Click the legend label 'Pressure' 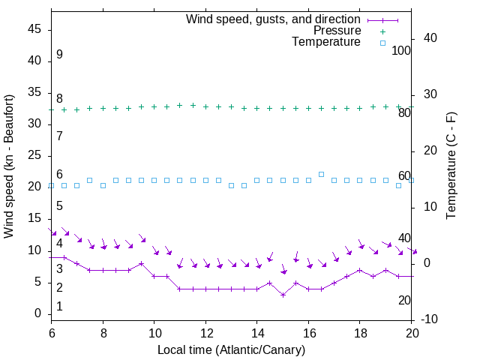tap(337, 31)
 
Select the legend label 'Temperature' tap(326, 43)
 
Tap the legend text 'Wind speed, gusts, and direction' tap(274, 19)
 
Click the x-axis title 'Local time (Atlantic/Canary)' tap(232, 349)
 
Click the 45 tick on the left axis tap(35, 29)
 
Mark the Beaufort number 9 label tap(59, 55)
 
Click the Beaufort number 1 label tap(59, 307)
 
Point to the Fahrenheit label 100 tap(402, 51)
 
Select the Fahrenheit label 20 tap(404, 301)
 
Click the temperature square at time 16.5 tap(322, 174)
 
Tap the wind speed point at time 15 tap(283, 295)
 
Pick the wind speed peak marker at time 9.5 tap(141, 263)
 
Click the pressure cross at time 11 tap(180, 105)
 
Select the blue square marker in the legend tap(382, 43)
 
